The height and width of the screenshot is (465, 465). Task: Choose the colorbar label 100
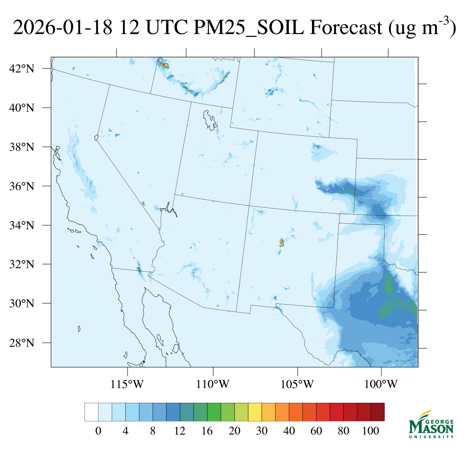371,431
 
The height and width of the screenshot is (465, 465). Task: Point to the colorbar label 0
98,431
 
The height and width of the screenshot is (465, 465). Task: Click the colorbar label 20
234,431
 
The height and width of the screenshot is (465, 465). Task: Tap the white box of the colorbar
91,412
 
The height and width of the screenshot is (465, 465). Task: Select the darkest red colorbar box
377,412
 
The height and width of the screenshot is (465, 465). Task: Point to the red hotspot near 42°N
164,65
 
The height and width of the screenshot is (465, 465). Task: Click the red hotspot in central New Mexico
282,243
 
